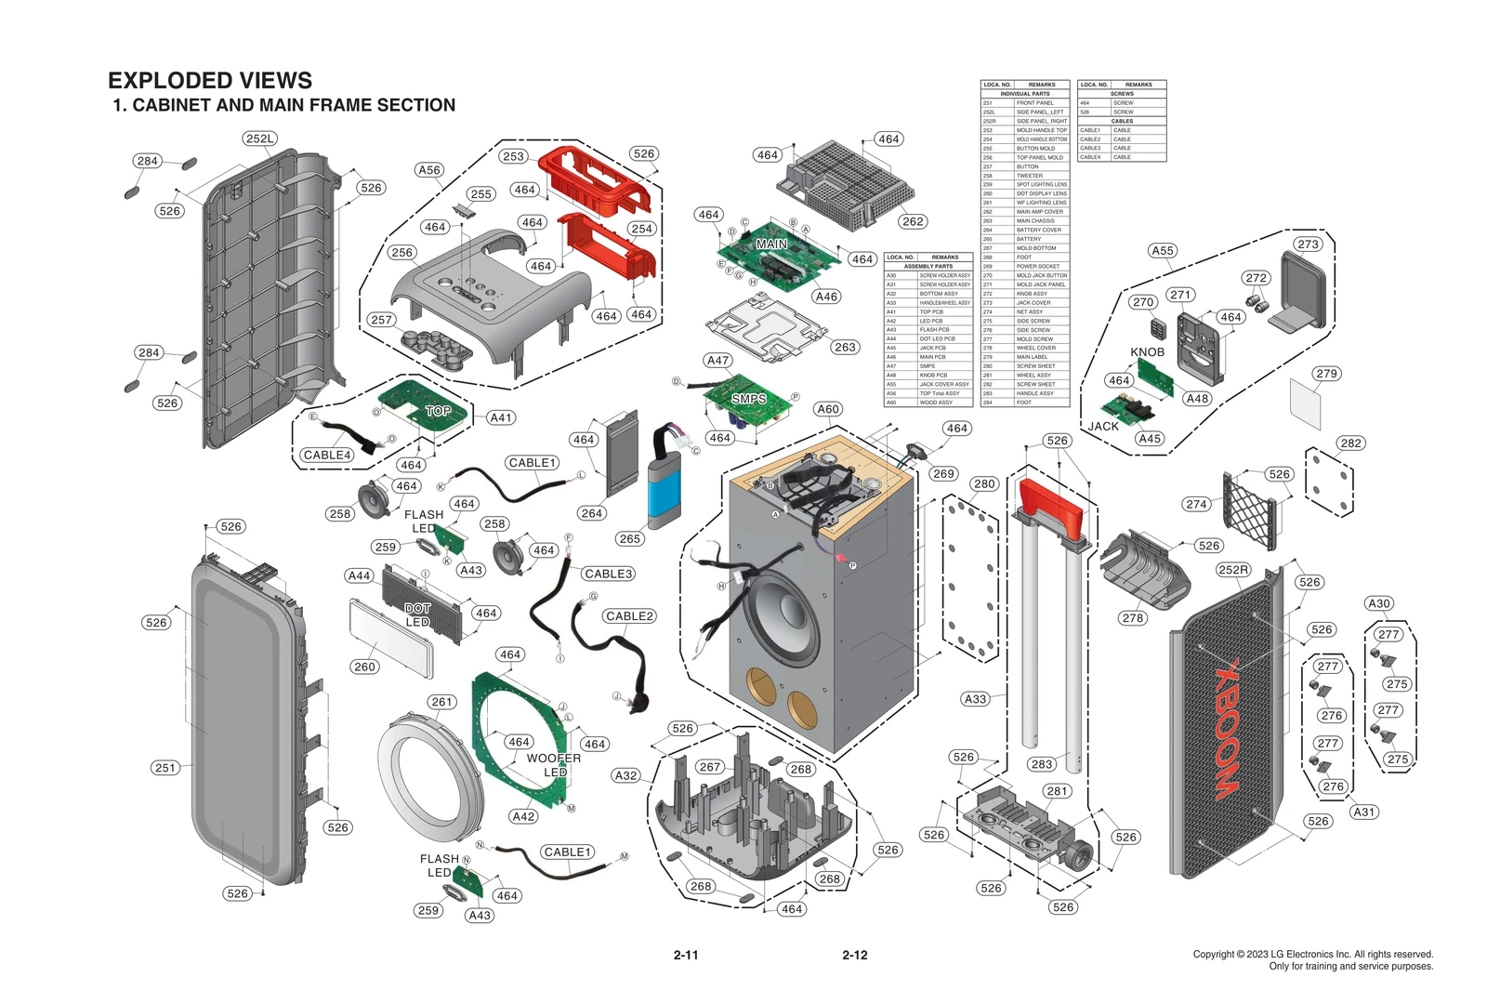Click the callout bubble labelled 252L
260,139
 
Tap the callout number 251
165,767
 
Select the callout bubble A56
429,170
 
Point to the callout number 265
630,538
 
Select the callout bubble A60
828,409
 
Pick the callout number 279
1327,374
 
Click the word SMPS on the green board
748,399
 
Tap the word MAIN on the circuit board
771,244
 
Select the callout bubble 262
913,221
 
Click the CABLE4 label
327,455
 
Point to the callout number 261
442,702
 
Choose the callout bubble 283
1042,764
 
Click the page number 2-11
686,955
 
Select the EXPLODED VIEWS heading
210,80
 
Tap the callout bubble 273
1308,244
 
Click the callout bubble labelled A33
975,699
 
